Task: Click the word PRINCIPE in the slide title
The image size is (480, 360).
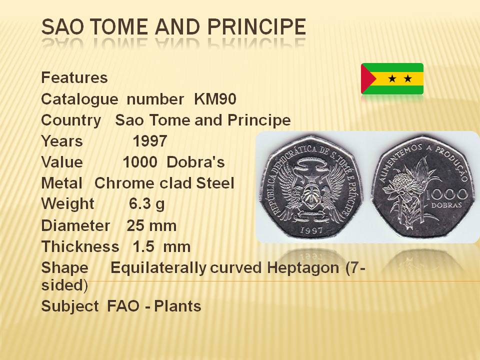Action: pos(256,26)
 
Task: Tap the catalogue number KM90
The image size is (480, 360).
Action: pos(215,99)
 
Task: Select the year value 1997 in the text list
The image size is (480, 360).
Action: pos(149,141)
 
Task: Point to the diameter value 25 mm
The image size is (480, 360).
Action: pos(151,226)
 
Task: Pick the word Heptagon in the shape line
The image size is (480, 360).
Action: pos(303,268)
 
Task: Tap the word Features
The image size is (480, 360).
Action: pos(74,77)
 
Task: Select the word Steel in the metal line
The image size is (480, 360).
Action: pos(215,183)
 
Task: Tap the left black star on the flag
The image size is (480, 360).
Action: pos(392,79)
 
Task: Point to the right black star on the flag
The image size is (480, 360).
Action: pos(408,79)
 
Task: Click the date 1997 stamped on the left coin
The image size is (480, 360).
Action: pos(311,230)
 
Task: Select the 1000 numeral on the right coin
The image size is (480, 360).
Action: pos(446,194)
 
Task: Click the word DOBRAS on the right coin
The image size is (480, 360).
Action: pos(446,205)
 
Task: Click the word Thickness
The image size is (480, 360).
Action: pos(80,246)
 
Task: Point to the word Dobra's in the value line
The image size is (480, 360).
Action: pos(195,162)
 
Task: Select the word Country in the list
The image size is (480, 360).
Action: pos(71,120)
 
